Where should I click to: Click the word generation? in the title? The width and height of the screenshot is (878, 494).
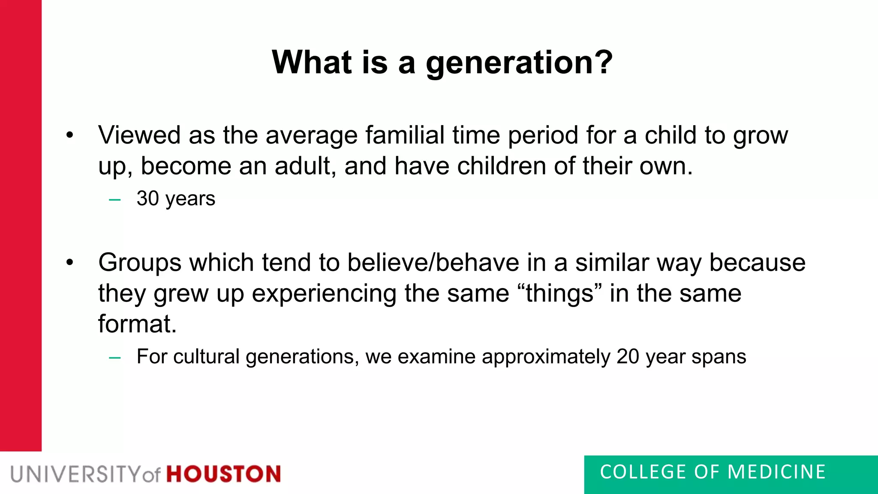[519, 63]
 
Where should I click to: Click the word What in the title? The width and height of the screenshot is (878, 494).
[311, 62]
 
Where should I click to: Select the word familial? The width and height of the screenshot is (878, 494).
[405, 135]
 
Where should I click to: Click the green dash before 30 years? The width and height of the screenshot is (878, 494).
[115, 199]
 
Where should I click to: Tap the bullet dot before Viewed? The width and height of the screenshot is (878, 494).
[70, 136]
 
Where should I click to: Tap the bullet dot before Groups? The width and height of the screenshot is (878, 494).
[70, 263]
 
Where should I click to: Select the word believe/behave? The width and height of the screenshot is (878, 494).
[433, 262]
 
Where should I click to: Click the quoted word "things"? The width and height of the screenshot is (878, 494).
[560, 293]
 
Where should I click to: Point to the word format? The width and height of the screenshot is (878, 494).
[137, 324]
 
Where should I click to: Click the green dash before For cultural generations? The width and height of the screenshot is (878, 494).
[115, 358]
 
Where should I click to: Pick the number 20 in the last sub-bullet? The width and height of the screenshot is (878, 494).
[628, 357]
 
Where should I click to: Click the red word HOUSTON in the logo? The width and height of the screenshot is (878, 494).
[223, 474]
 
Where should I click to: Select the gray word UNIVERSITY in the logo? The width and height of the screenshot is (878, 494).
[75, 474]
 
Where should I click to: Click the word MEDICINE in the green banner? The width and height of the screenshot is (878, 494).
[776, 472]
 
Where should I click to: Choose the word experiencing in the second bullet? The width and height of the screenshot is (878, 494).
[324, 294]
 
